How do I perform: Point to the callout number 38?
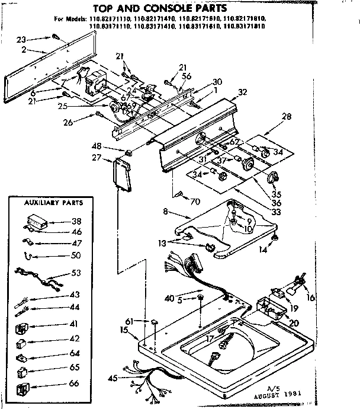pyautogui.click(x=75, y=222)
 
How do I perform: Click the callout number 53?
pyautogui.click(x=75, y=274)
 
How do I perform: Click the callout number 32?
pyautogui.click(x=242, y=92)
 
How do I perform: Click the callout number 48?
pyautogui.click(x=112, y=146)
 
